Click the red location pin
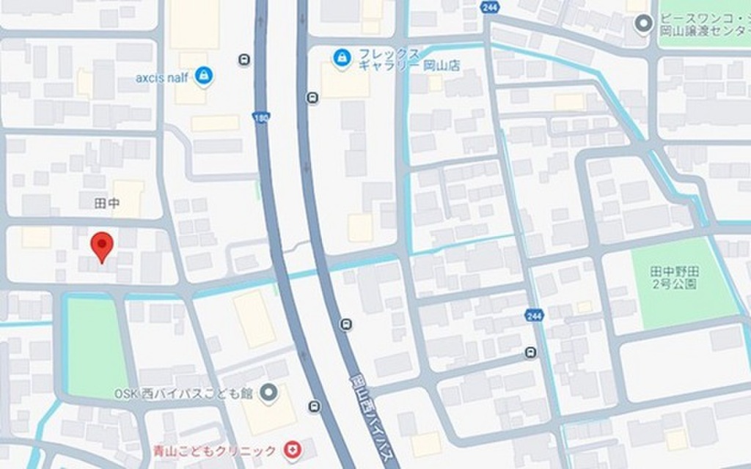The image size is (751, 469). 101,245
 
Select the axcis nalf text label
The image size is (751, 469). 164,75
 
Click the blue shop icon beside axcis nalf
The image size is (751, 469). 204,75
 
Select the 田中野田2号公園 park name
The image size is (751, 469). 675,278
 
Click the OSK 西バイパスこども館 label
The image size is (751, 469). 183,394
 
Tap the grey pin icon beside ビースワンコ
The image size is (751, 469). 643,24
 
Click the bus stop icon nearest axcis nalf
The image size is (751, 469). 243,60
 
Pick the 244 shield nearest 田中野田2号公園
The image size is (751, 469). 534,315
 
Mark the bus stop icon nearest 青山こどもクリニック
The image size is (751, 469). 315,407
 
